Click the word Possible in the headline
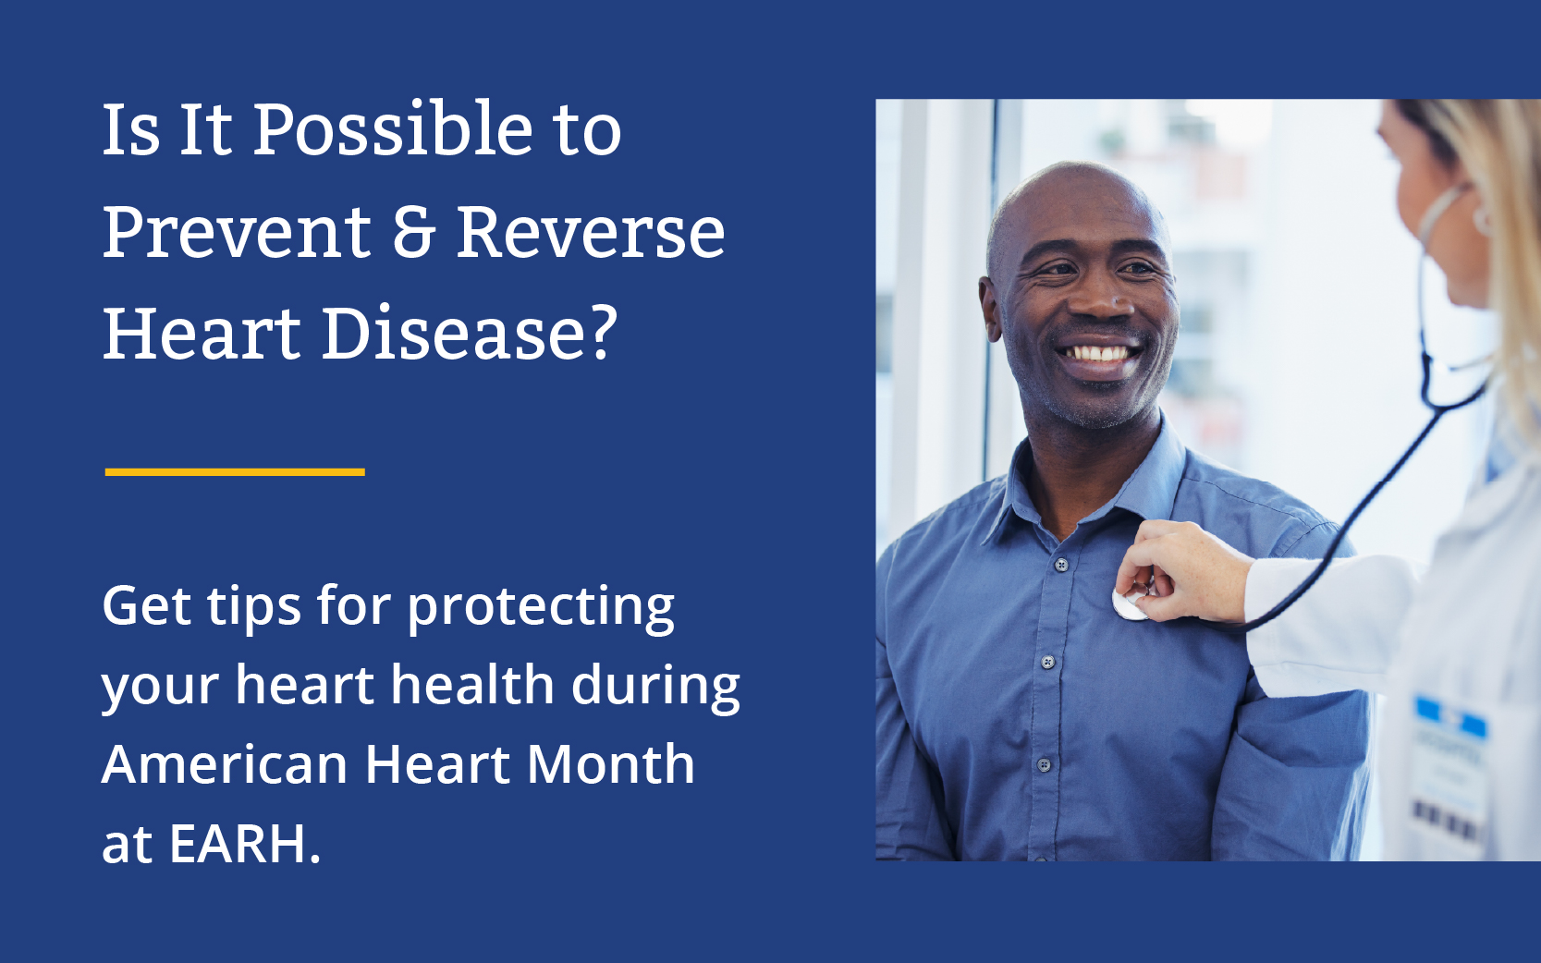[393, 129]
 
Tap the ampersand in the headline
[413, 232]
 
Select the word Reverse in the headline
[591, 232]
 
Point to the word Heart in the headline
[202, 334]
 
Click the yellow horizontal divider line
[235, 472]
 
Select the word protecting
[540, 608]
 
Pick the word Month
[610, 764]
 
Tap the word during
[655, 687]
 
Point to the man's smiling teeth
[1097, 354]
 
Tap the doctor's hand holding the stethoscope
[1182, 572]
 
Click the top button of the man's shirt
[1061, 565]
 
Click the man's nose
[1104, 299]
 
